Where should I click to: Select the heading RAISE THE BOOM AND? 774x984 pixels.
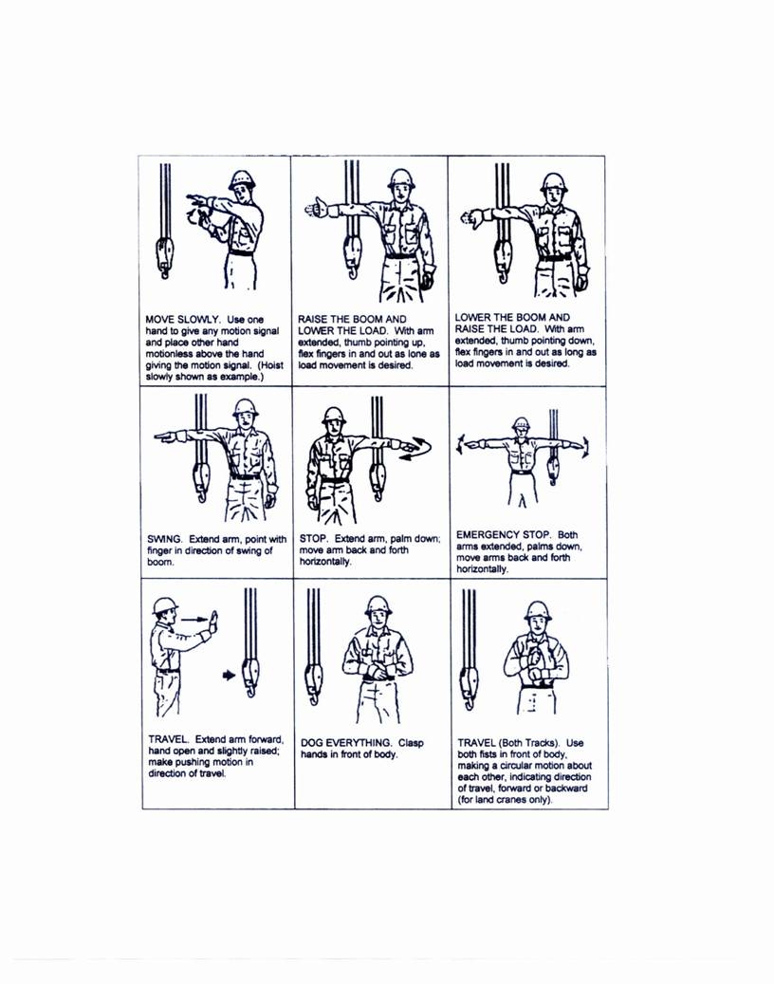point(352,318)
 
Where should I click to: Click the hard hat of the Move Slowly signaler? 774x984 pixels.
point(243,180)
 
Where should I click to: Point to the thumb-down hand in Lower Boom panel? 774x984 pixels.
point(470,216)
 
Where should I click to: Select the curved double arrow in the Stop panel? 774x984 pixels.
point(415,449)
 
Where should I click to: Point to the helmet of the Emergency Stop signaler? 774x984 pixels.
point(521,425)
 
